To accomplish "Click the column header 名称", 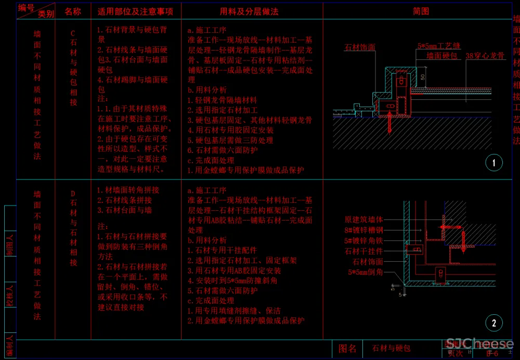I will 73,11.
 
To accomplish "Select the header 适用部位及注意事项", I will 135,11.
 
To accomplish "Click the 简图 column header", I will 421,11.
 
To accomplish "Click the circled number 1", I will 493,163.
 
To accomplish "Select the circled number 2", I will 493,323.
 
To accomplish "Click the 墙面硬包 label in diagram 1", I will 442,55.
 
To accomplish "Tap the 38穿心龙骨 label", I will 485,55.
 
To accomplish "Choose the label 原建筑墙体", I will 363,220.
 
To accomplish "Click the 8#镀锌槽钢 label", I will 363,230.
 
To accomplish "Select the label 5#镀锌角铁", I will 363,241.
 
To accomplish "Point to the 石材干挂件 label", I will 363,251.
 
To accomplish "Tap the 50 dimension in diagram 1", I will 423,77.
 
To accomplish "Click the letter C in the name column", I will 73,33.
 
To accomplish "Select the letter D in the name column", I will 73,194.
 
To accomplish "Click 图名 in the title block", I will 348,348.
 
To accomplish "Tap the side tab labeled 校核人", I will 10,295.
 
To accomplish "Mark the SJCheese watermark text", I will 479,344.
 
